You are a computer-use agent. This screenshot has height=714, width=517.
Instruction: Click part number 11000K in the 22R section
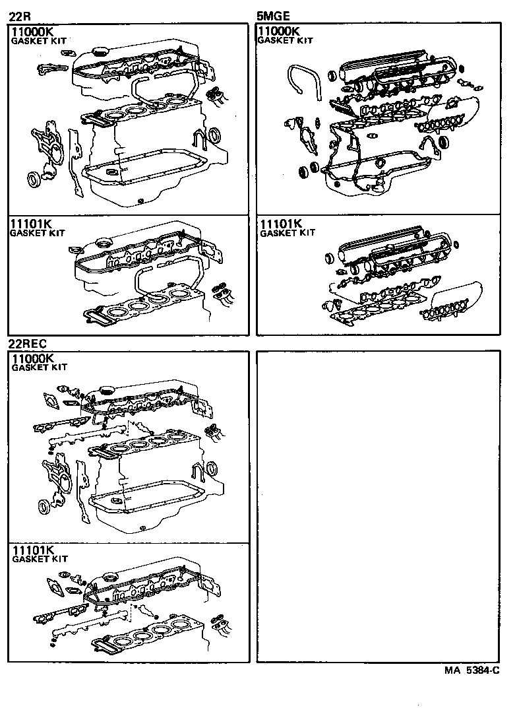coord(33,32)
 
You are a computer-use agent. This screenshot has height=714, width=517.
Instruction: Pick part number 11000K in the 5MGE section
coord(280,32)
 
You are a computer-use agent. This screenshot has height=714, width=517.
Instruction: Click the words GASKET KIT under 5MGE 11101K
coord(288,233)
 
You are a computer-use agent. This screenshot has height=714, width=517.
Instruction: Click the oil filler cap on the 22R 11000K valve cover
coord(101,51)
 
